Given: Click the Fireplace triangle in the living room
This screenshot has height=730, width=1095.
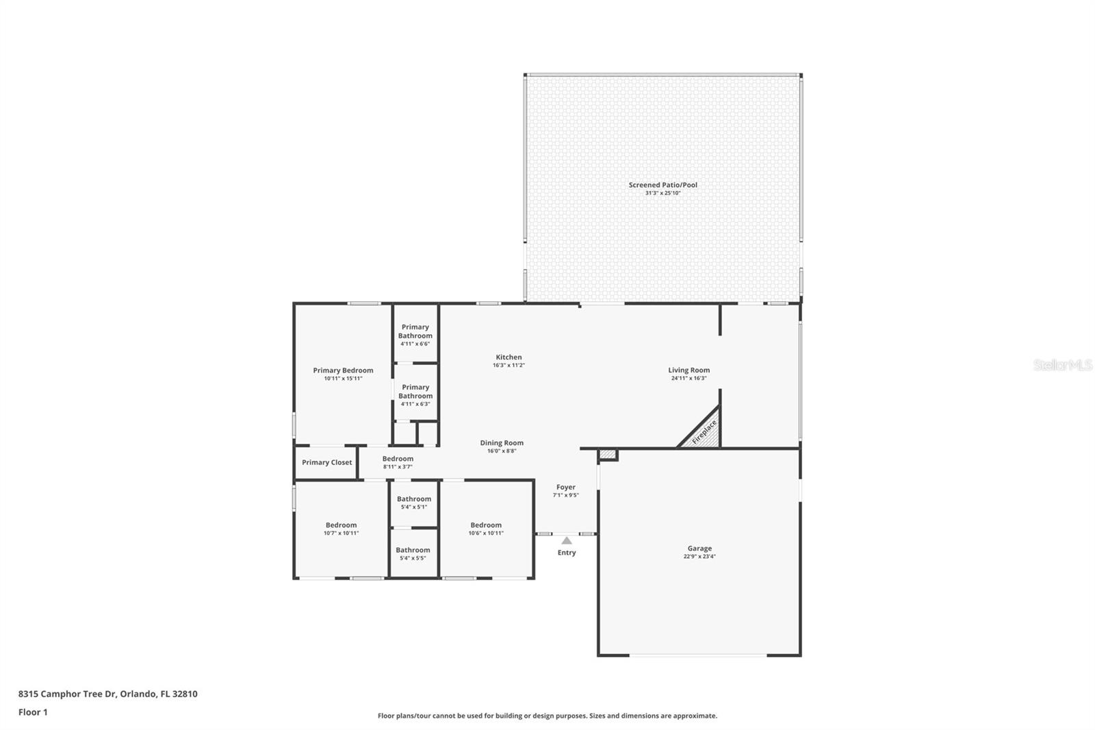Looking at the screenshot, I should point(704,433).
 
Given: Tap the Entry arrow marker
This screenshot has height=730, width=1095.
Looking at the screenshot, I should point(567,541).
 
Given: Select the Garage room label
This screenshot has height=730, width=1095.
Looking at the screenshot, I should point(699,549).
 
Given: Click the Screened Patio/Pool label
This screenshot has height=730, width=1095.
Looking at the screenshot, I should point(662,185).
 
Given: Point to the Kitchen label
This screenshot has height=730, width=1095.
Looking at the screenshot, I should point(508,357).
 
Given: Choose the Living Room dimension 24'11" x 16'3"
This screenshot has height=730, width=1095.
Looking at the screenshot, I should point(688,379).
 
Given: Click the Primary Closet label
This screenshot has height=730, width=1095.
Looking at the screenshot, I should point(326,463).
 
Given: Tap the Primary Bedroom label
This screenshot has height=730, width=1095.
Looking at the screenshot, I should point(343,370).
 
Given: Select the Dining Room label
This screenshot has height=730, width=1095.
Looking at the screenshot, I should point(501,443).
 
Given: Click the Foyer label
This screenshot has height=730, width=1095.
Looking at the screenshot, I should point(565,488).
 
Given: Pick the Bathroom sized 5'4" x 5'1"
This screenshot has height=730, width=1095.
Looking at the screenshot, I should point(413,503).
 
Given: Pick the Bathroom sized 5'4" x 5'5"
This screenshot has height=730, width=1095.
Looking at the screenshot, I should point(413,553).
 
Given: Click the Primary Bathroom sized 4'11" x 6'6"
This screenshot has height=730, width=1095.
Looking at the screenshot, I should point(415,335).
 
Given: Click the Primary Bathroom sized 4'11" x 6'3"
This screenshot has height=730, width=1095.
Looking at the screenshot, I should point(415,395).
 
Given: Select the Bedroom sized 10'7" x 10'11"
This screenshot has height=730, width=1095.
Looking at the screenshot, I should point(341,529).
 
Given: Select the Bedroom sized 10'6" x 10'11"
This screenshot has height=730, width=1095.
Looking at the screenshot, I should point(486,529).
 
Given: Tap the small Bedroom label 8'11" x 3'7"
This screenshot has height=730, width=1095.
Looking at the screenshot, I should point(398,462).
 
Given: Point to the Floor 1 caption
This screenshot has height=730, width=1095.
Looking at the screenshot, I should point(33,712).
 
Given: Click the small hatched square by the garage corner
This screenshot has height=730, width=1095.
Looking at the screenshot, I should point(607,455).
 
